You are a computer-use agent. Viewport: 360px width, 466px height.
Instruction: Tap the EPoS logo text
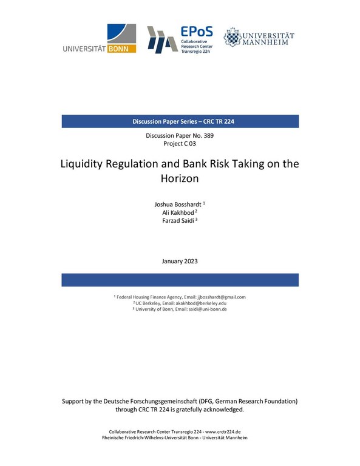(x=197, y=33)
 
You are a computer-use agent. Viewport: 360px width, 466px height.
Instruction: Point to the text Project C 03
(x=180, y=144)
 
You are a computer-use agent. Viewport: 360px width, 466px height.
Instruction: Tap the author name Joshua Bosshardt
(x=177, y=204)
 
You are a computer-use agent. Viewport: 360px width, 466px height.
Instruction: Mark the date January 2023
(x=180, y=261)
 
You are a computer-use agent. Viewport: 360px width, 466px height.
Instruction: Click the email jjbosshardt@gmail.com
(x=222, y=297)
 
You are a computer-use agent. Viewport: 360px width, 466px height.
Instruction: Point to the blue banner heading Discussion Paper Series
(x=180, y=121)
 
